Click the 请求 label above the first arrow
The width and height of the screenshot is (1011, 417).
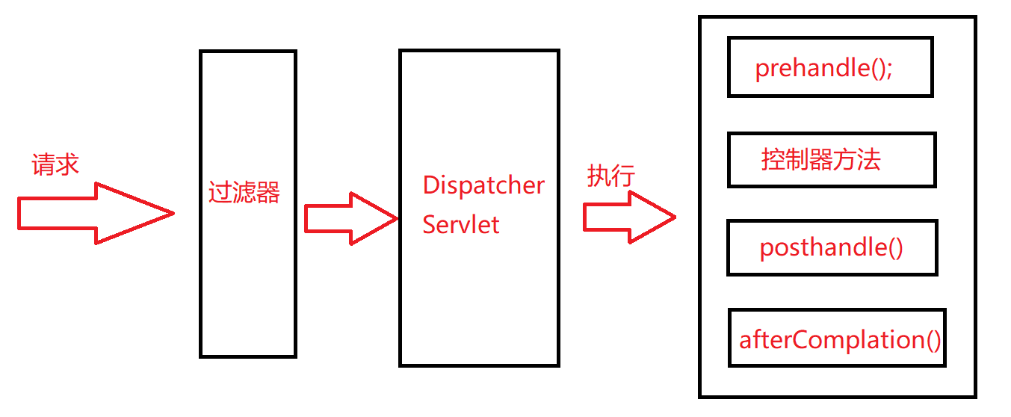pyautogui.click(x=55, y=164)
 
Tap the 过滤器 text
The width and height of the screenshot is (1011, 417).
pyautogui.click(x=244, y=193)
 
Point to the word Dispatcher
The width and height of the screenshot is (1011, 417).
pyautogui.click(x=483, y=185)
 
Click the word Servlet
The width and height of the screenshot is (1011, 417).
pyautogui.click(x=461, y=224)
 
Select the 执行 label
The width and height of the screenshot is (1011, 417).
pyautogui.click(x=610, y=176)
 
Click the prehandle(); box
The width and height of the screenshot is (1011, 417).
pyautogui.click(x=829, y=69)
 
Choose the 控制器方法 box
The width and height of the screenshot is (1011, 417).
pyautogui.click(x=831, y=160)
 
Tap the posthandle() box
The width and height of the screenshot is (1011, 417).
pyautogui.click(x=832, y=247)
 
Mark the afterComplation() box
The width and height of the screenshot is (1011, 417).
pyautogui.click(x=837, y=339)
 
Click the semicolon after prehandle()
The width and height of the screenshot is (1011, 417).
pyautogui.click(x=889, y=70)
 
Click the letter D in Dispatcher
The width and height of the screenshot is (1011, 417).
pyautogui.click(x=430, y=185)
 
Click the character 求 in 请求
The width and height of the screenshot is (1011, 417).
pyautogui.click(x=67, y=164)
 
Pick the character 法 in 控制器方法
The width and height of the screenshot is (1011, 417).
pyautogui.click(x=869, y=160)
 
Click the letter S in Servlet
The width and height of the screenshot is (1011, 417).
pyautogui.click(x=430, y=224)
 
